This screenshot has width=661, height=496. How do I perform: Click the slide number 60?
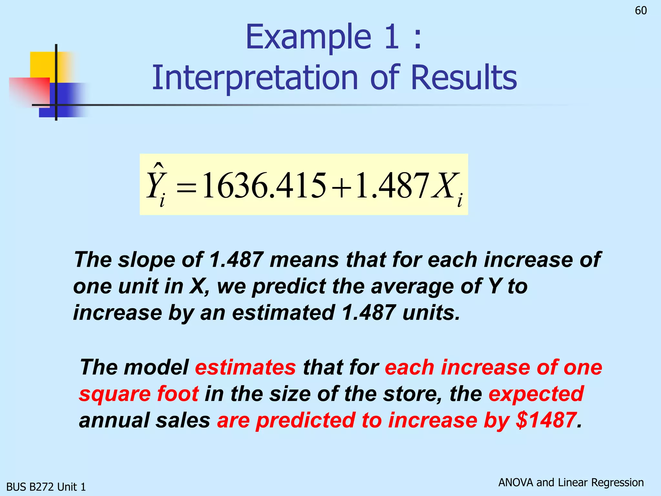[641, 11]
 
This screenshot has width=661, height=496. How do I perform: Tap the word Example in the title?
[308, 37]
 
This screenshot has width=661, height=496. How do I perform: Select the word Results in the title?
[464, 78]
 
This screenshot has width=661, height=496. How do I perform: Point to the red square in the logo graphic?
[29, 91]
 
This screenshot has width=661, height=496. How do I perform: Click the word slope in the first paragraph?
[146, 260]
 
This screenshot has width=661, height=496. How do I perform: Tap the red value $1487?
[546, 420]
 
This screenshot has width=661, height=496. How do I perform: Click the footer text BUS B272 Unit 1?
[46, 487]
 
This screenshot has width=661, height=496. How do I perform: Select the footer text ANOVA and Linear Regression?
[571, 482]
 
